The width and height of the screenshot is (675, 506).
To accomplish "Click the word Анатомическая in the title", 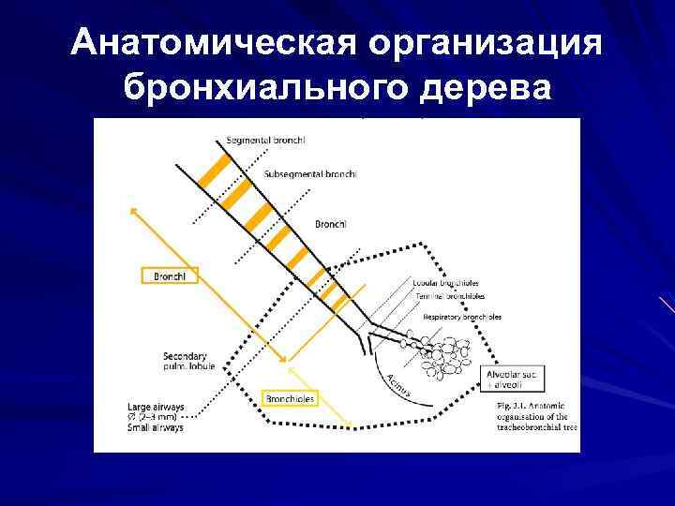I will [214, 45].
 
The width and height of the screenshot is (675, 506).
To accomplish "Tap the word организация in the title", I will [486, 45].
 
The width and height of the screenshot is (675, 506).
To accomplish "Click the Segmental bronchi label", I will [266, 141].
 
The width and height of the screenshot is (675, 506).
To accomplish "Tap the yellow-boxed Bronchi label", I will [170, 275].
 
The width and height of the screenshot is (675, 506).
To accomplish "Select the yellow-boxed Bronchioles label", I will [291, 399].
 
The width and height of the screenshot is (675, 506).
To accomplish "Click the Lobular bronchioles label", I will [444, 282].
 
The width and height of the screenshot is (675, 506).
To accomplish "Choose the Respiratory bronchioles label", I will [461, 317].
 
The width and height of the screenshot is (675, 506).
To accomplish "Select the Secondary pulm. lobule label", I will [187, 362].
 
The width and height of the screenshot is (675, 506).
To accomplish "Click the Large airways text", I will [156, 407].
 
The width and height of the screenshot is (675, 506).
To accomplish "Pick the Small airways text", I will [156, 427].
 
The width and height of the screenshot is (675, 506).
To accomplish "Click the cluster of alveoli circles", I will [447, 360].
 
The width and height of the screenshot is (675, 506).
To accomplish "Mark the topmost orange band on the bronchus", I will [217, 169].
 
